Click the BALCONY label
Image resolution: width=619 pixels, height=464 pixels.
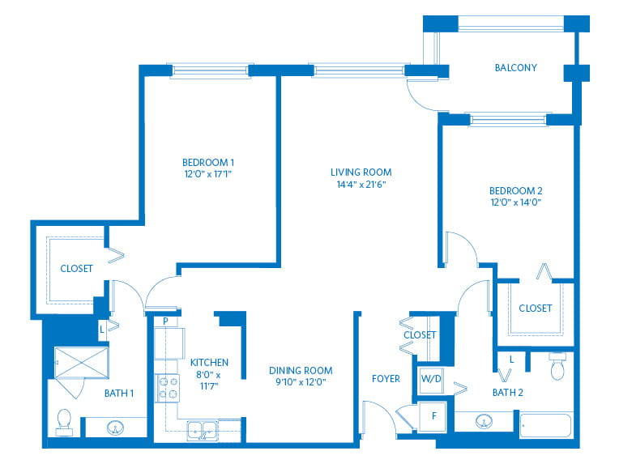point(515,68)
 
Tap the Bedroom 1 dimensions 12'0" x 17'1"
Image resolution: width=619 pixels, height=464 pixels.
point(207,174)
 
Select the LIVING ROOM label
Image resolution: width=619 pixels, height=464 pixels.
point(361,172)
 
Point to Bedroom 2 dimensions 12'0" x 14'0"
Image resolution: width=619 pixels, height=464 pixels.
point(515,202)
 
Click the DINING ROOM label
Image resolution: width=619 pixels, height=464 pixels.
point(301,371)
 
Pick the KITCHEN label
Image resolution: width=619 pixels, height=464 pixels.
point(209,363)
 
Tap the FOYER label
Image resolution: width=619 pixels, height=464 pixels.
point(386,379)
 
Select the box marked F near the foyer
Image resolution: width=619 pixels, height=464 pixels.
point(433,416)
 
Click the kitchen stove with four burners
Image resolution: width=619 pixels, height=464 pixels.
point(168,388)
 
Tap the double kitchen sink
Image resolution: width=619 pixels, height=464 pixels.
point(203,431)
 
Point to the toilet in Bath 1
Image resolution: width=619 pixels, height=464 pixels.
point(64,422)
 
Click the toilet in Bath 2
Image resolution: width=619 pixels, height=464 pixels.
point(557,367)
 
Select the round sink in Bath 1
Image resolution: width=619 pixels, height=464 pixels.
point(115,428)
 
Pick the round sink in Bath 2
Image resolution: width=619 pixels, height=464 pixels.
point(484,421)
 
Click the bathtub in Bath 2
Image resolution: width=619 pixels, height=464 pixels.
point(546,425)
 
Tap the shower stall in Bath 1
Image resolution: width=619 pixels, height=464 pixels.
point(81,362)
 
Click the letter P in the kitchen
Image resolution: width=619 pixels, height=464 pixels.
point(165,321)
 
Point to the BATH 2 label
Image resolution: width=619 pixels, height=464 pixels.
point(508,393)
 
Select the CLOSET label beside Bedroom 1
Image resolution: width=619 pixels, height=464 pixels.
point(76,269)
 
